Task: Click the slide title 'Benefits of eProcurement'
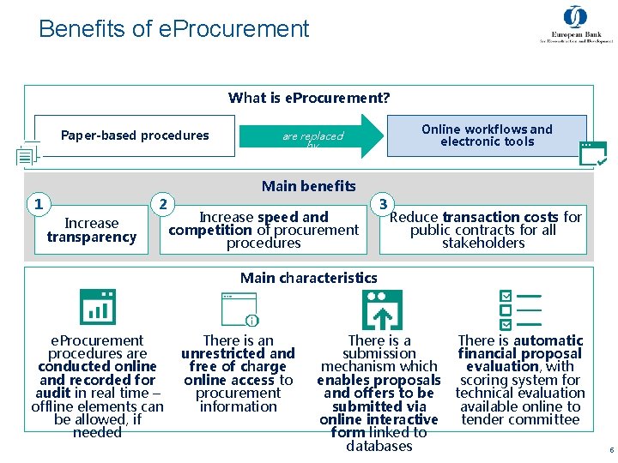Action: click(173, 29)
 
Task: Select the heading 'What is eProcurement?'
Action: click(309, 98)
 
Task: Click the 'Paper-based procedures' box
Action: click(135, 135)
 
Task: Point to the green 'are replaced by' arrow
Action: click(314, 136)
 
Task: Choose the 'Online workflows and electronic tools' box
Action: click(487, 135)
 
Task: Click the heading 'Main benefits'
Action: click(308, 186)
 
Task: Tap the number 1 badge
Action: click(37, 204)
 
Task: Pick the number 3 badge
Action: click(383, 204)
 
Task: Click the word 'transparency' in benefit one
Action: click(92, 238)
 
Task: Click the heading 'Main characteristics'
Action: click(308, 278)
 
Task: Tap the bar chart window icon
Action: click(97, 307)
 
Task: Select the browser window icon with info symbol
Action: click(239, 310)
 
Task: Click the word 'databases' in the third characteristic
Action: click(379, 446)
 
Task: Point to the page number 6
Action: click(610, 450)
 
